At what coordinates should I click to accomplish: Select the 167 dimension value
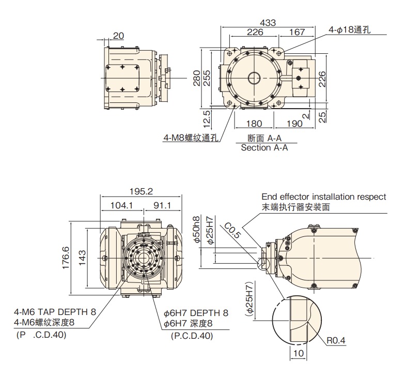pos(296,32)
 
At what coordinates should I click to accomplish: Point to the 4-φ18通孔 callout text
pos(350,30)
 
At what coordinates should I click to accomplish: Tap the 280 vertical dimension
pos(196,79)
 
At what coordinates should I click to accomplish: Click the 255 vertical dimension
pos(207,79)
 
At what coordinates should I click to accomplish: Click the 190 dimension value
pos(293,124)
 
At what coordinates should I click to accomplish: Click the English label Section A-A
pos(264,147)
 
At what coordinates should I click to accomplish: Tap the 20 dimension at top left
pos(118,36)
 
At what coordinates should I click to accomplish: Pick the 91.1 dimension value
pos(161,205)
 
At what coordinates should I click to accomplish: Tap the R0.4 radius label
pos(336,341)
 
